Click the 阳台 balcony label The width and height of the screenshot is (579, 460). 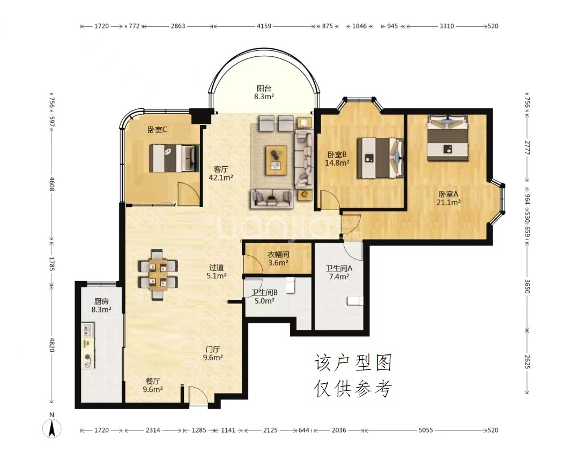[264, 88]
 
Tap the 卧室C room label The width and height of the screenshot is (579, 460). [157, 130]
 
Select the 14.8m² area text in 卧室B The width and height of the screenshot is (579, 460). [337, 162]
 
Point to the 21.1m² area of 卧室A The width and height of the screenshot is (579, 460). [448, 202]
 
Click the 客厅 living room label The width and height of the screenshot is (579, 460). [221, 169]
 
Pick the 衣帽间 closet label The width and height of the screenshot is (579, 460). [278, 254]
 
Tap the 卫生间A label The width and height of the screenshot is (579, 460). [339, 269]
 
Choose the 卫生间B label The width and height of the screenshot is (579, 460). [264, 292]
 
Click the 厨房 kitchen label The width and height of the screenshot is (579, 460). [101, 301]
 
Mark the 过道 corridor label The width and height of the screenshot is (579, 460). [217, 268]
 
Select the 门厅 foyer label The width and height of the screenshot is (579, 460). [213, 349]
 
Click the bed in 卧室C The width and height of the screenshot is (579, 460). [174, 158]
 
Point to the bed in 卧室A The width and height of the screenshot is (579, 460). [448, 137]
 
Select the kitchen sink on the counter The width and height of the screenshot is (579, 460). [88, 329]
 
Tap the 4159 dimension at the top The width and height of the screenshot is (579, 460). [264, 26]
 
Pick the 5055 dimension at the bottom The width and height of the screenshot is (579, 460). [425, 430]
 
